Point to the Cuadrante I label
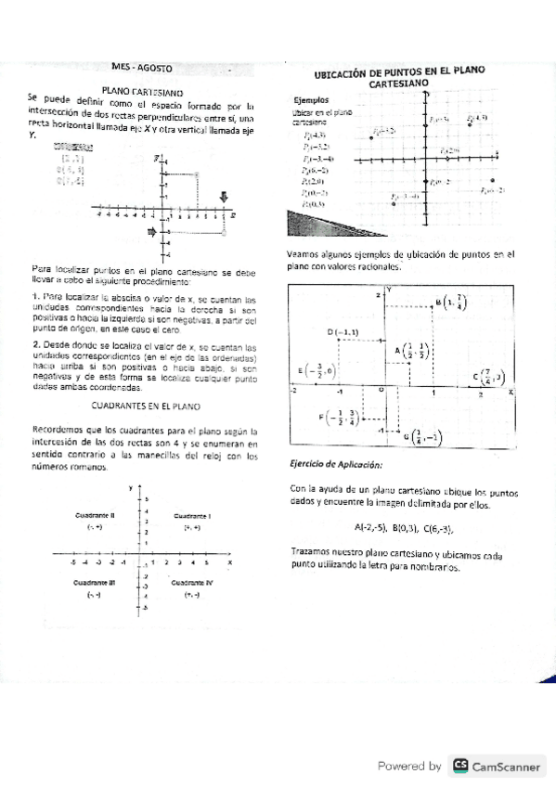pos(193,515)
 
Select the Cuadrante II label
pos(94,515)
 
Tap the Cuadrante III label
pos(94,582)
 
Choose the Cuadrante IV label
pos(192,582)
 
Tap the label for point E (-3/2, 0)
pos(317,370)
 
